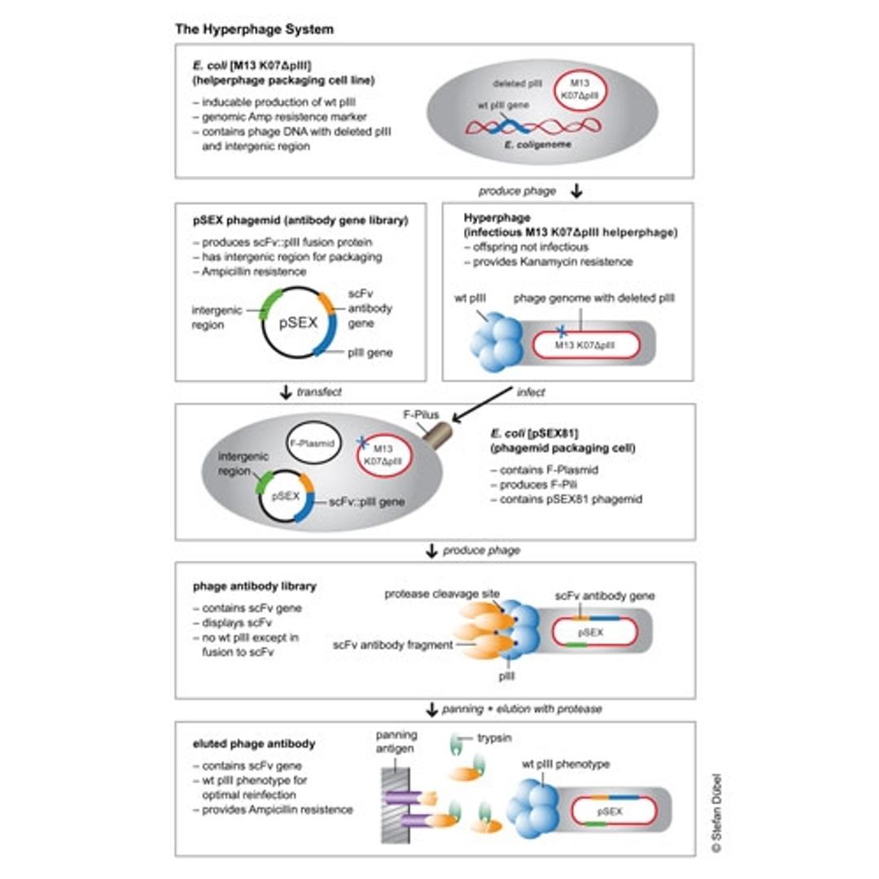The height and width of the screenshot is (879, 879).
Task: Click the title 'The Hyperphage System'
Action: (x=254, y=28)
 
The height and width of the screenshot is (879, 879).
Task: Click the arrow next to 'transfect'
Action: (x=285, y=392)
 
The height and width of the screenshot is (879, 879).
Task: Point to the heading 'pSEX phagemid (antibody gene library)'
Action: (x=300, y=220)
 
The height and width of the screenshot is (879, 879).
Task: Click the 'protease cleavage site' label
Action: (x=442, y=593)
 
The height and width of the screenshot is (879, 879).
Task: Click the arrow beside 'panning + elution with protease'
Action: (x=432, y=709)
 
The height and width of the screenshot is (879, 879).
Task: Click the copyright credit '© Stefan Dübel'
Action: (x=715, y=813)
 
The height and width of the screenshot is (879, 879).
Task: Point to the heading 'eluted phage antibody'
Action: (x=253, y=743)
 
